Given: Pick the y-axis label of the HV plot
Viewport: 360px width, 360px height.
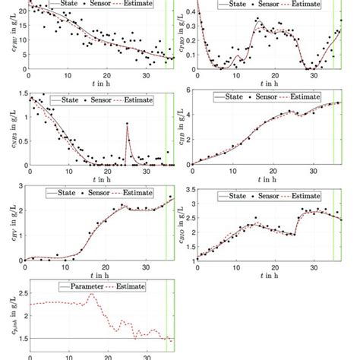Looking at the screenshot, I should coord(11,222).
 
